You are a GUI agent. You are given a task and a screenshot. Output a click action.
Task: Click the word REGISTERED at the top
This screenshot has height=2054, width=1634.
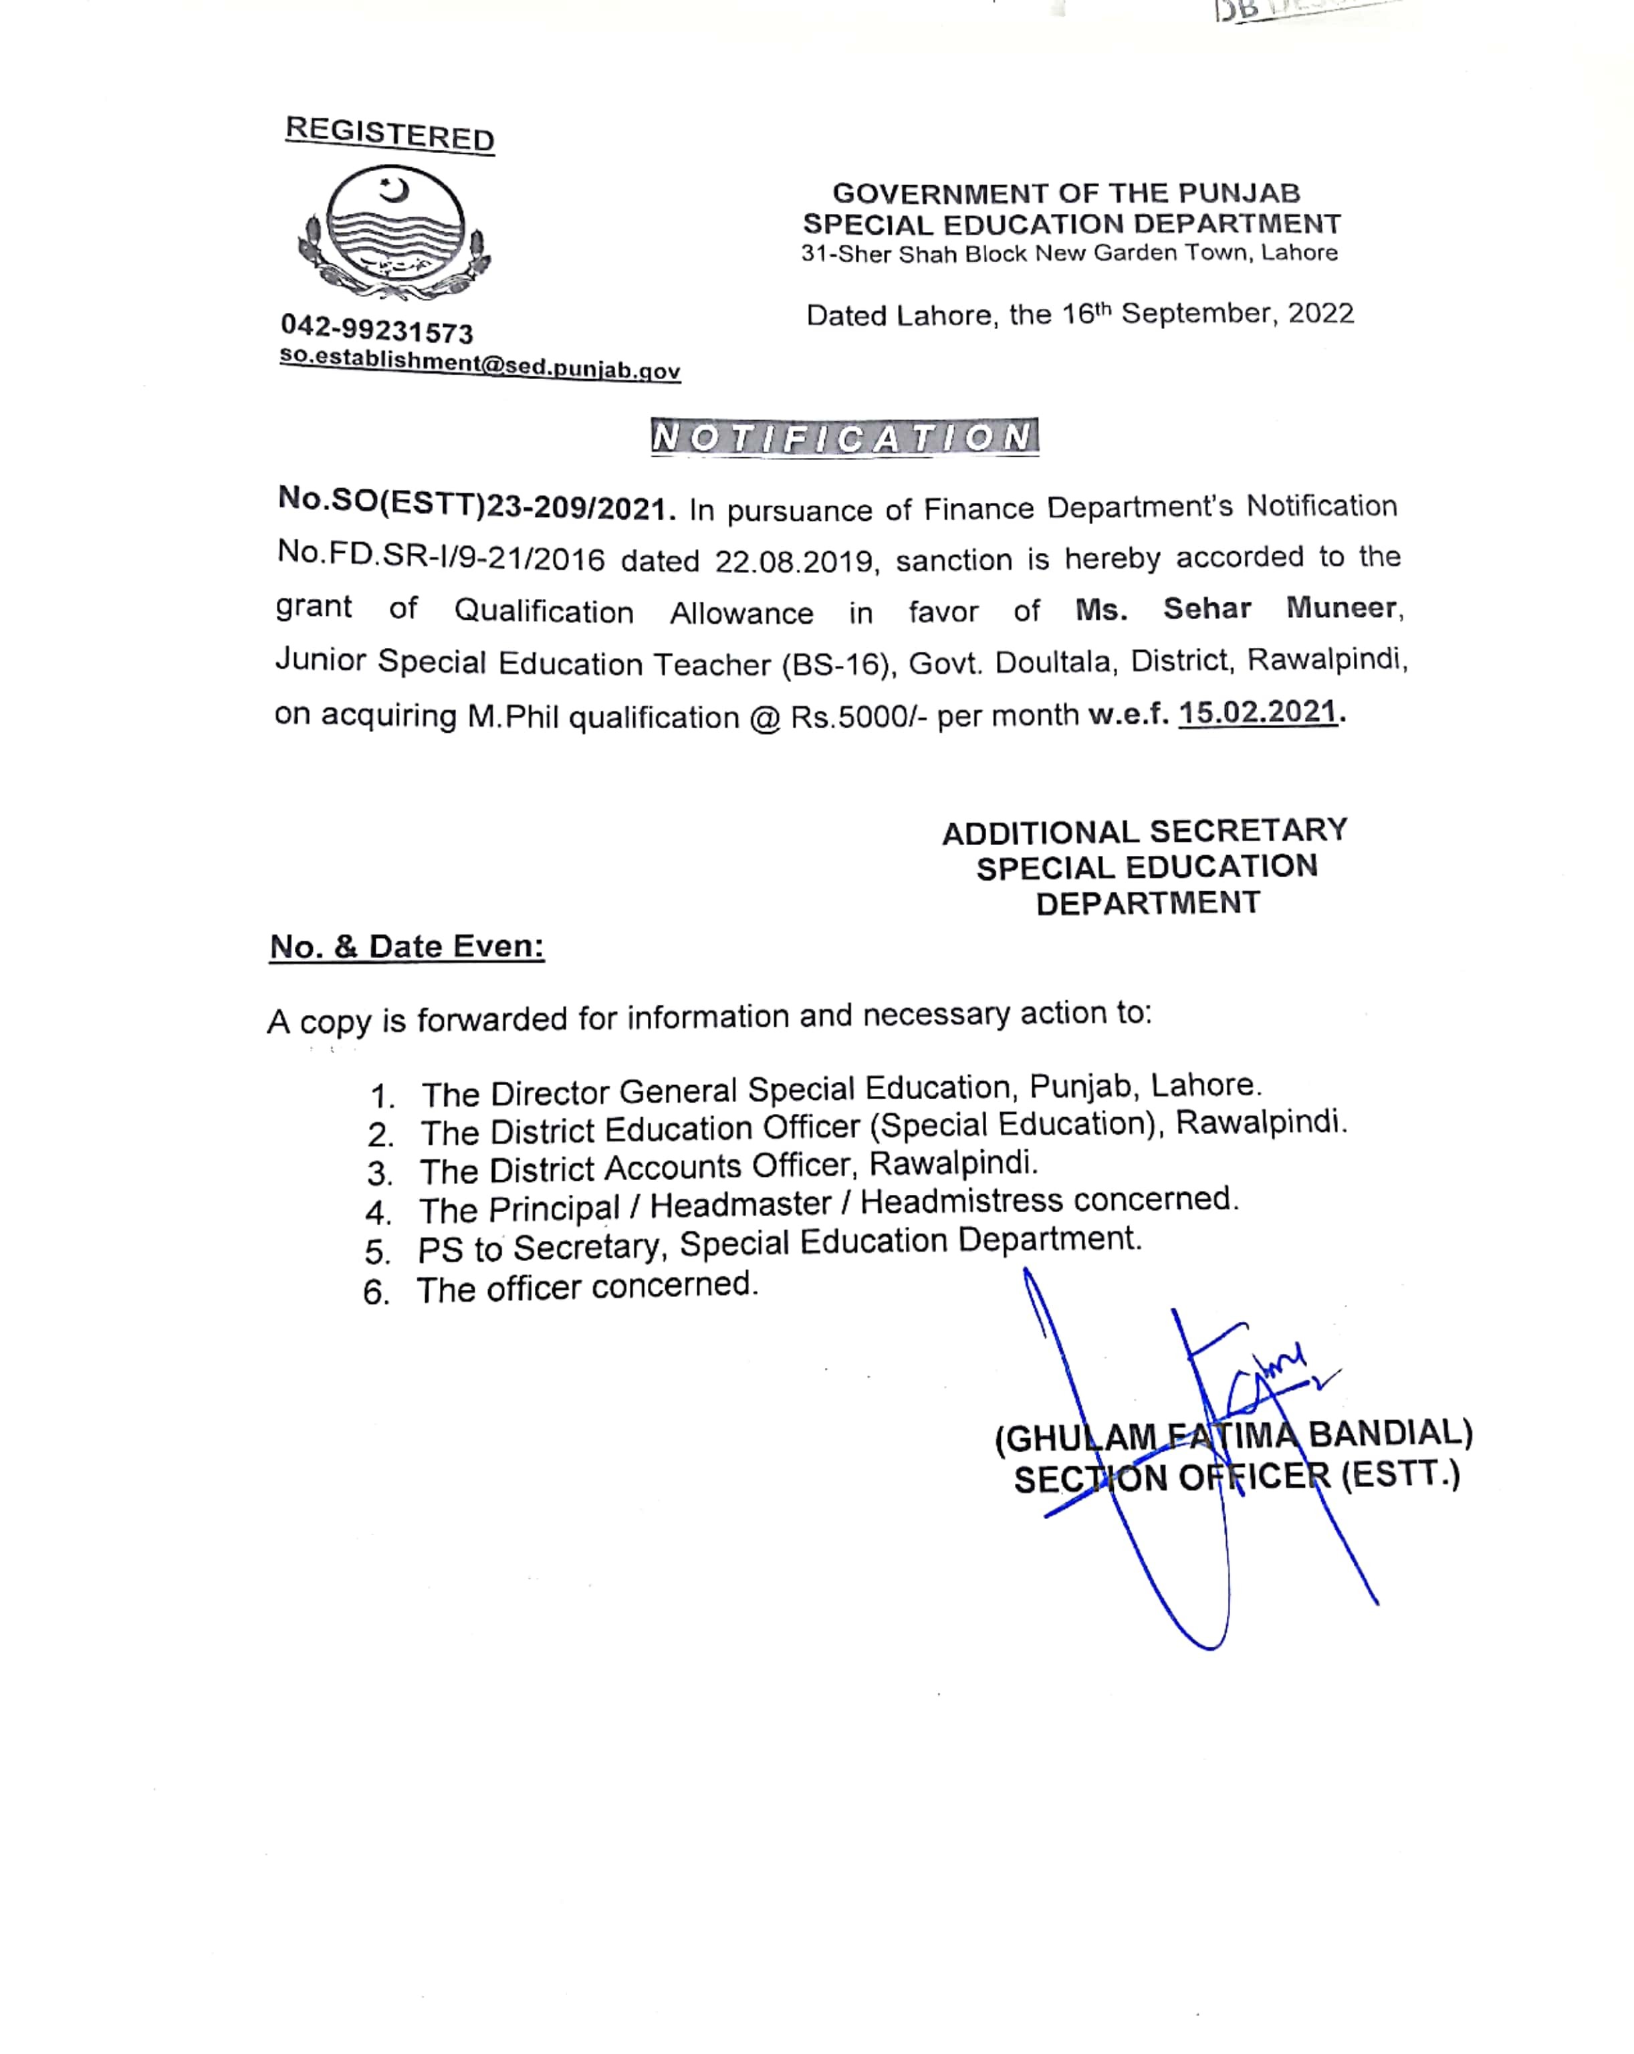[390, 133]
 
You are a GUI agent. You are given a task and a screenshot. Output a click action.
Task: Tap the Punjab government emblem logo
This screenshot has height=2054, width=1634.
[394, 231]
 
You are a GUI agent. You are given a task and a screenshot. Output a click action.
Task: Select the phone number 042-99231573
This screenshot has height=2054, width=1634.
[376, 330]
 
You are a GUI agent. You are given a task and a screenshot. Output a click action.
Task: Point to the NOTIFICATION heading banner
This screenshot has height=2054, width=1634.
[844, 437]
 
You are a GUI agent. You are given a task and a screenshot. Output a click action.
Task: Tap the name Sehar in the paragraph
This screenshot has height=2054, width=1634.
[1206, 608]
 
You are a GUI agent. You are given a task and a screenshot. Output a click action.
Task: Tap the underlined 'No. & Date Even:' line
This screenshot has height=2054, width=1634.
[407, 947]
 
